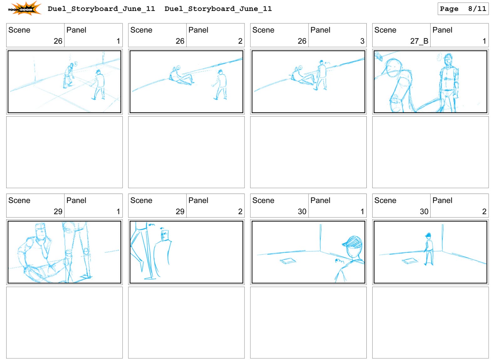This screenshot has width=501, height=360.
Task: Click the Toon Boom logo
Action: [x=24, y=8]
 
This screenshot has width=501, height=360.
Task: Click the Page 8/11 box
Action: [x=462, y=9]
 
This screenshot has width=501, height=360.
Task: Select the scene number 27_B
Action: [x=419, y=41]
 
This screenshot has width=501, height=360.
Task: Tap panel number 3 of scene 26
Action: [x=362, y=41]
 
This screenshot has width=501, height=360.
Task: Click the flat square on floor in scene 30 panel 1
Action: [x=288, y=261]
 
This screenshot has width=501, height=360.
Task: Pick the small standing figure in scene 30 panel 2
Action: [x=429, y=249]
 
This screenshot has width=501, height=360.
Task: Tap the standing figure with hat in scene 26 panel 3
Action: [x=322, y=75]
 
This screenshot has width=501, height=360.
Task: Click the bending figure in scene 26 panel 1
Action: [x=69, y=76]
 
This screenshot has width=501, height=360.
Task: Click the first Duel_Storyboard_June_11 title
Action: [x=101, y=9]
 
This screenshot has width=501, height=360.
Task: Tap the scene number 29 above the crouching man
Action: [x=58, y=211]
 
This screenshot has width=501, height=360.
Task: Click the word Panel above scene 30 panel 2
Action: [x=442, y=201]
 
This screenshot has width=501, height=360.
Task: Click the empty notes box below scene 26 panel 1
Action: [x=65, y=152]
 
